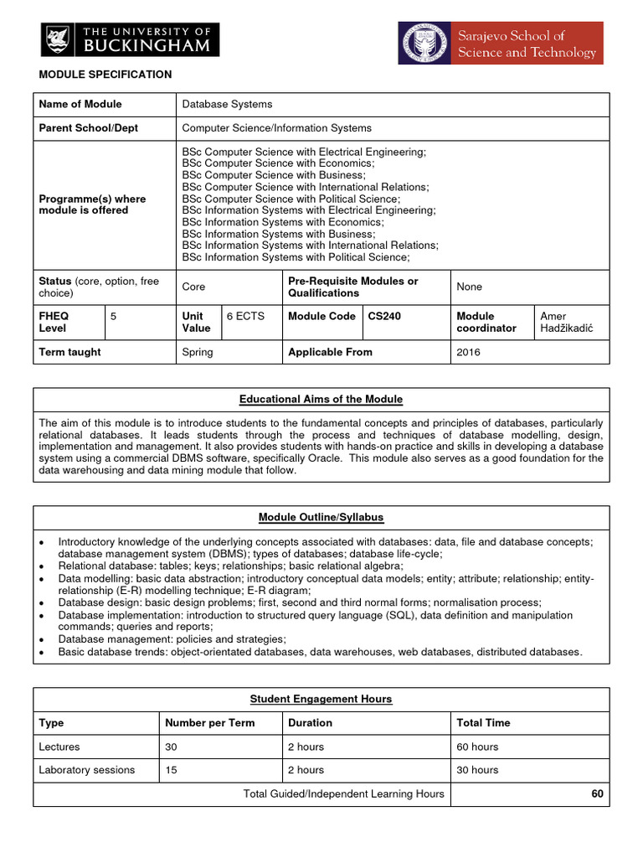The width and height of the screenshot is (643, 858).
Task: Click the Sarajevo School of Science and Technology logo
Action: click(500, 43)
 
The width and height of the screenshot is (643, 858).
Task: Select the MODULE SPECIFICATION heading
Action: click(105, 75)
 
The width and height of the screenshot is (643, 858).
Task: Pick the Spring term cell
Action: click(198, 352)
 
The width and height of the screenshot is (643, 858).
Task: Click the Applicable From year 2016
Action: click(469, 352)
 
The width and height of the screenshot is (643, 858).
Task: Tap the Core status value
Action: click(193, 287)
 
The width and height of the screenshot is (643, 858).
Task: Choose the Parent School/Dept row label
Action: click(89, 128)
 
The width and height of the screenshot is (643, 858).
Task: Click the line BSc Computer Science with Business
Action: click(274, 175)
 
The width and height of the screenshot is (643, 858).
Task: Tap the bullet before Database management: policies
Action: click(42, 639)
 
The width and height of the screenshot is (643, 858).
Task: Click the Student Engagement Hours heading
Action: click(321, 699)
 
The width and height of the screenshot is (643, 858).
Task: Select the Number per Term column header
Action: click(209, 722)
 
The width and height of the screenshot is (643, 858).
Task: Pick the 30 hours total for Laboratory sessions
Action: click(477, 770)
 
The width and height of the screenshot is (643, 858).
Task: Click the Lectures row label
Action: click(59, 747)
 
